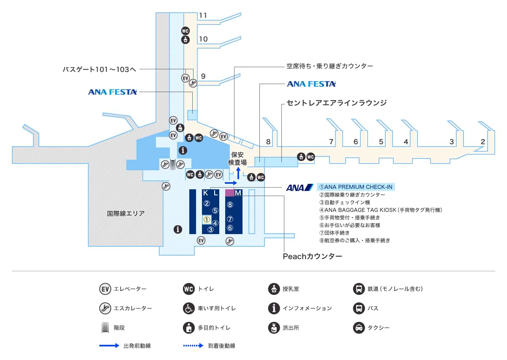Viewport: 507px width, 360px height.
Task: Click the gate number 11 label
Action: coord(203,16)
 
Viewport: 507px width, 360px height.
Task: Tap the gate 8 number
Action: coord(268,142)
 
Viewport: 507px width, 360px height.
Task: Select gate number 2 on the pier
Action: coord(482,142)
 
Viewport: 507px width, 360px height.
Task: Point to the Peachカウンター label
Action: coord(312,256)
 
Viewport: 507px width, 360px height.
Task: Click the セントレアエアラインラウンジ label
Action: coord(337,103)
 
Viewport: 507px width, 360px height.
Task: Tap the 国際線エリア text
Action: coord(126,213)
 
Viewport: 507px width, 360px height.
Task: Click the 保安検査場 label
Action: coord(237,158)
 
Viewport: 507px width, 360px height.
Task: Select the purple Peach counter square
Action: coord(229,193)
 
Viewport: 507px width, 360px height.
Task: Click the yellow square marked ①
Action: coord(207,219)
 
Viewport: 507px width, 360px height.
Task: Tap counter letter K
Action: coord(206,193)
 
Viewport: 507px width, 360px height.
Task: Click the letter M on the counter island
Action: coord(238,193)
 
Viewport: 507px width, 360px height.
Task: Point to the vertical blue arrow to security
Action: coord(238,172)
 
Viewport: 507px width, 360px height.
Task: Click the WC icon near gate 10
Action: coord(185,31)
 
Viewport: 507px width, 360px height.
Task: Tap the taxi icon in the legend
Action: coord(359,327)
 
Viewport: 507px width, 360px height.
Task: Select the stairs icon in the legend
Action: coord(104,327)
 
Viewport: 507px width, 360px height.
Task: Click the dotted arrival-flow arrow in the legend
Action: coord(193,346)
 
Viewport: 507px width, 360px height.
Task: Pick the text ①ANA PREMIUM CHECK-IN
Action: coord(356,187)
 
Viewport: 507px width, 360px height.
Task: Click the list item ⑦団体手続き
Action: coord(334,233)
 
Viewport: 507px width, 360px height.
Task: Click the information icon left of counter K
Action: coord(178,229)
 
